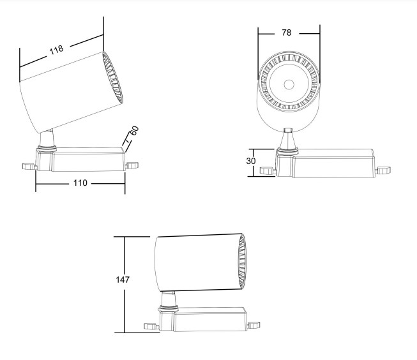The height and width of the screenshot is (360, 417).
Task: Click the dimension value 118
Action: (56, 49)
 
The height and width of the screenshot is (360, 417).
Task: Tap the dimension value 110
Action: (80, 183)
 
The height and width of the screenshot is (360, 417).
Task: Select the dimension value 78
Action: (287, 33)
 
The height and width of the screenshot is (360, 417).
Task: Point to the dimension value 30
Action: (251, 161)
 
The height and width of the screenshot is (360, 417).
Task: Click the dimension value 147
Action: (123, 280)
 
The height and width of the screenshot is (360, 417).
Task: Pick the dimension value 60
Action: (134, 131)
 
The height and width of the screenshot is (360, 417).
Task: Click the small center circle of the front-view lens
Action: (289, 84)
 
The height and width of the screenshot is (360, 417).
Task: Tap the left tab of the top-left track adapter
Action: (29, 167)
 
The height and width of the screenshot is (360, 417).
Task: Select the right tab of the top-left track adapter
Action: (132, 165)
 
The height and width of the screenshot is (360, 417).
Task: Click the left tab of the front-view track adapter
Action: (268, 170)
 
